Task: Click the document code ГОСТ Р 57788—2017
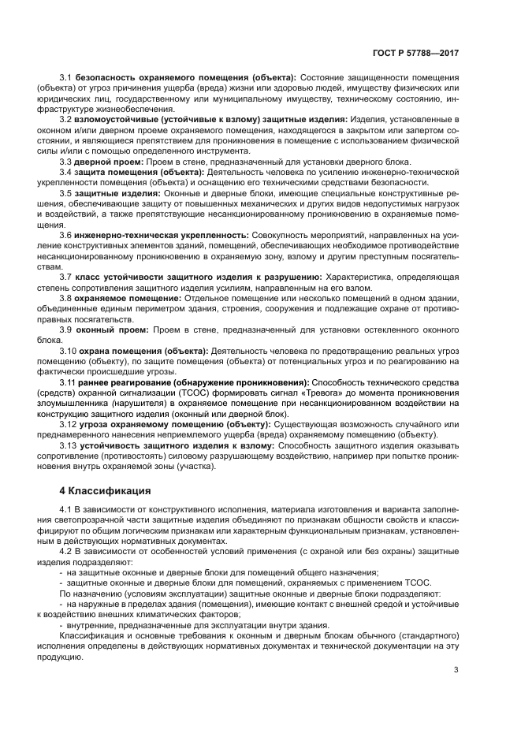point(415,53)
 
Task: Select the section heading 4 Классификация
point(102,491)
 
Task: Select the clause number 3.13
point(69,445)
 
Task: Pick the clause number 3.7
point(65,276)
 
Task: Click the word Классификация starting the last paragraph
point(91,635)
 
